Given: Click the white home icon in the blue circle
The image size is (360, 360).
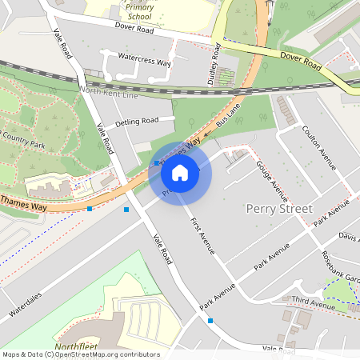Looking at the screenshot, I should click(180, 172).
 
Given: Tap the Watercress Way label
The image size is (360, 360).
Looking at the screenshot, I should click(144, 61).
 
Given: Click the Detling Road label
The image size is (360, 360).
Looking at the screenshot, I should click(138, 122).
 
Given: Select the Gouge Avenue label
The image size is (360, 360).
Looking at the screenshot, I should click(272, 181).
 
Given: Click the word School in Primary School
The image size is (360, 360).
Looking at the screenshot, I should click(140, 15).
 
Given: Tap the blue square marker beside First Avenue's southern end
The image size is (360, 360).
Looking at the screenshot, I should click(210, 320).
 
